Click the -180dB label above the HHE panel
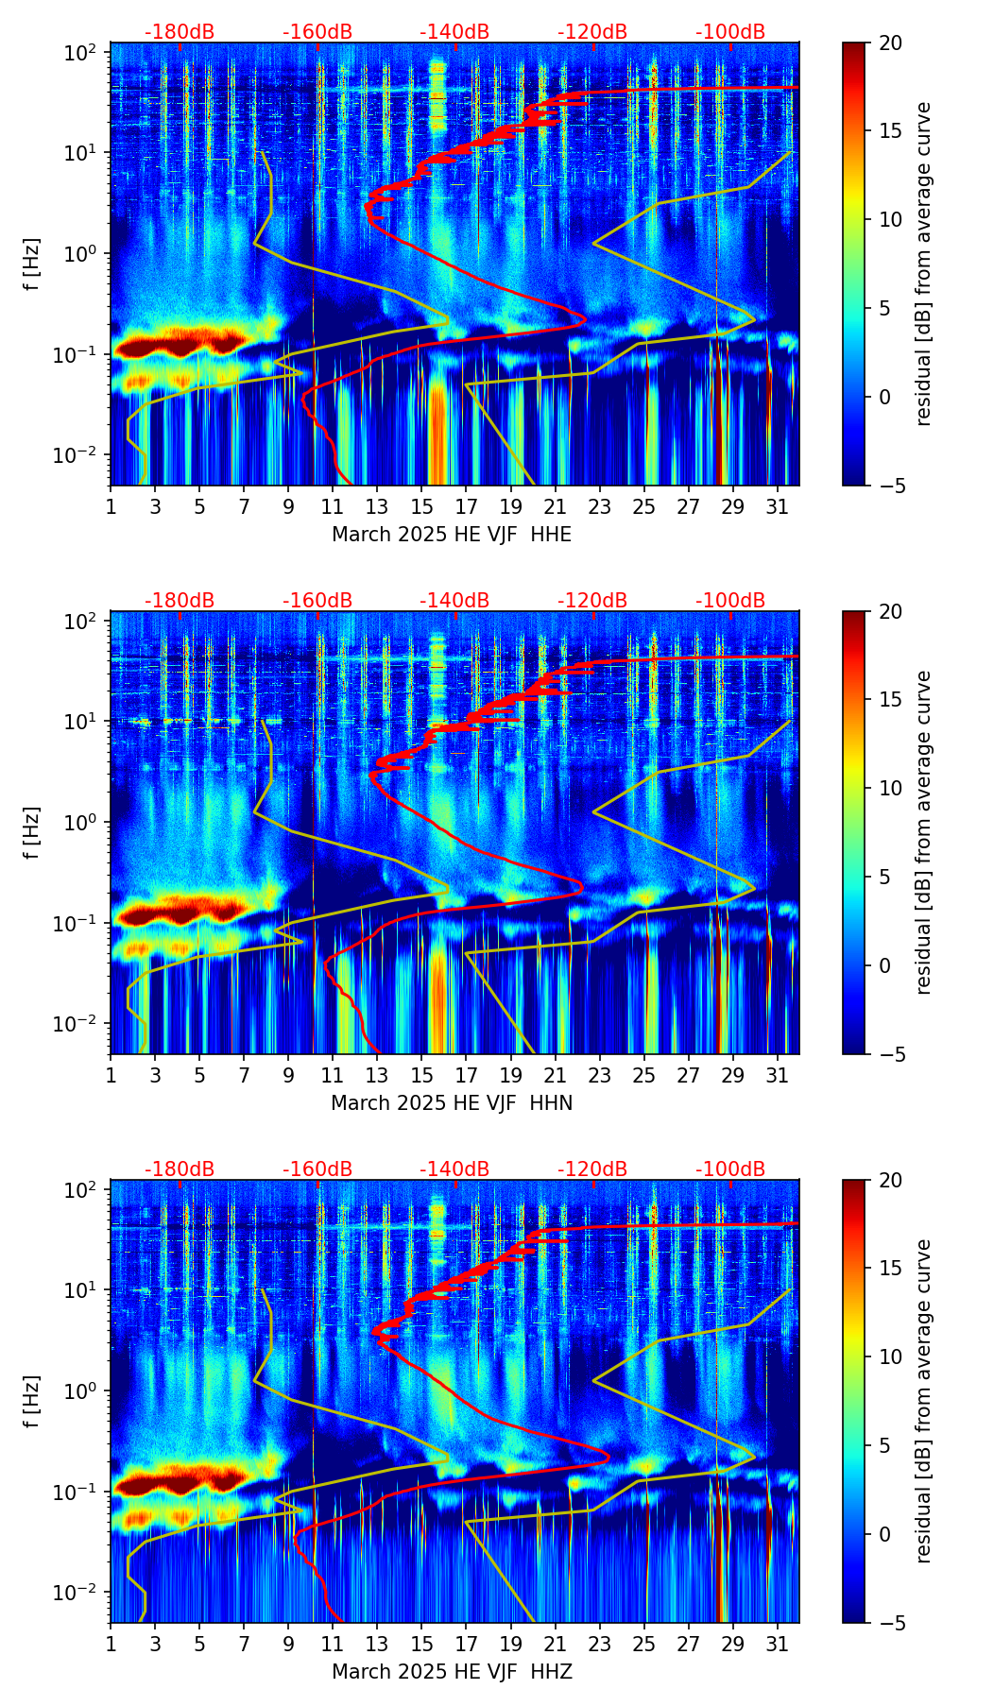pyautogui.click(x=180, y=32)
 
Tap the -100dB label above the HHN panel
pyautogui.click(x=730, y=601)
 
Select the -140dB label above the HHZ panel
pyautogui.click(x=454, y=1169)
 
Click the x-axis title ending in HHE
pyautogui.click(x=452, y=535)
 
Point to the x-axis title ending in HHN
pyautogui.click(x=452, y=1103)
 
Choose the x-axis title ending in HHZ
pyautogui.click(x=452, y=1672)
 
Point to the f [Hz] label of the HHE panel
pyautogui.click(x=33, y=264)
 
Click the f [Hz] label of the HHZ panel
pyautogui.click(x=33, y=1402)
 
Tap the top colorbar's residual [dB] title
pyautogui.click(x=923, y=264)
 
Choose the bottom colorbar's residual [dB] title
pyautogui.click(x=923, y=1402)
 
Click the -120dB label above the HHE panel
pyautogui.click(x=592, y=32)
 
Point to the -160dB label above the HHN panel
pyautogui.click(x=317, y=601)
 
